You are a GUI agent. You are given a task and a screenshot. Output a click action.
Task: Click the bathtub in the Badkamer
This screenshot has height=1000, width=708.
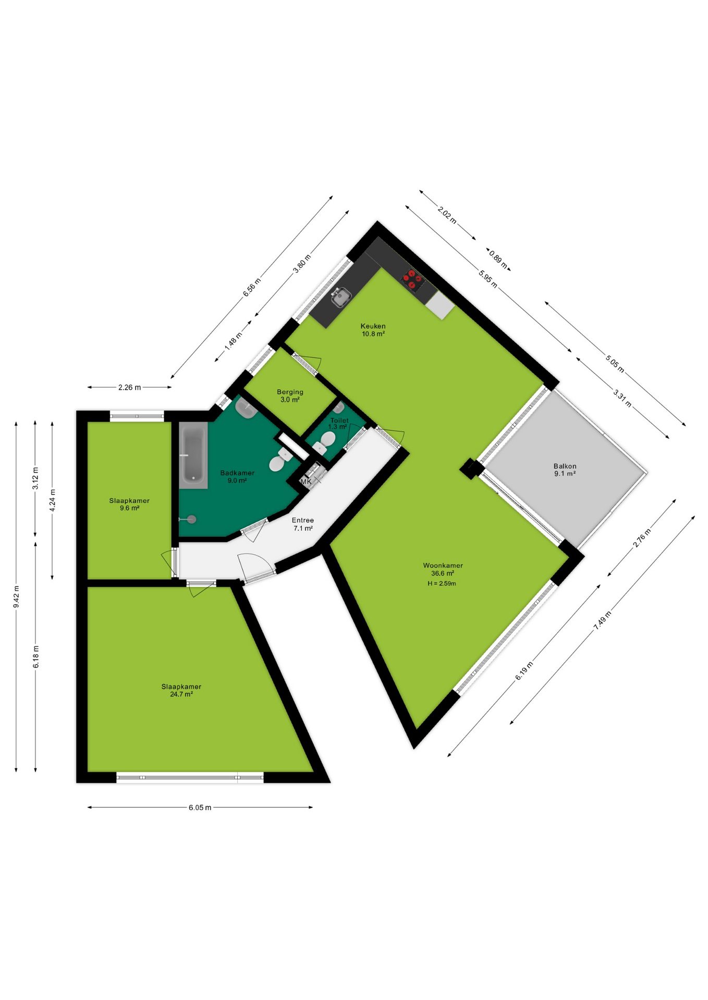(x=193, y=455)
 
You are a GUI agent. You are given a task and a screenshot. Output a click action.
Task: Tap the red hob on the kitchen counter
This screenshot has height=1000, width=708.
(x=412, y=279)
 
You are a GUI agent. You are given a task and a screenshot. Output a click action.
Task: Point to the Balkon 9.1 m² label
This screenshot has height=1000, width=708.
(x=565, y=470)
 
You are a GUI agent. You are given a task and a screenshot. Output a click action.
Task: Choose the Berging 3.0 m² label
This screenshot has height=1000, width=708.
(x=290, y=396)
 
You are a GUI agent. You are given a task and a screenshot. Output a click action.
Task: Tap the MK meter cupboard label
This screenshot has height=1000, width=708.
(x=306, y=482)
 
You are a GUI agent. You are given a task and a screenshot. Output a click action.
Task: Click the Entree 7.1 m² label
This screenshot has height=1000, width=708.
(x=303, y=524)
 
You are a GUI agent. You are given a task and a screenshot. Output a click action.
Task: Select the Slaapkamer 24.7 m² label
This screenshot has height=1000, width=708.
(x=181, y=691)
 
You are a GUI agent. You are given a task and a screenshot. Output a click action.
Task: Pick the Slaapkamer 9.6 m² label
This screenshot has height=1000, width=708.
(x=129, y=504)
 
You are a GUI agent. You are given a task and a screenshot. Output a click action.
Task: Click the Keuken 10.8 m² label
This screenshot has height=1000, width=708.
(x=373, y=330)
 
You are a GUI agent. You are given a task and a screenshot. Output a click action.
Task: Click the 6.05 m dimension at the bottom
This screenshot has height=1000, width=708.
(x=200, y=807)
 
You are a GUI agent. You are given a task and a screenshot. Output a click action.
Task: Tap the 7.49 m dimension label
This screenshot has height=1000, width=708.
(x=603, y=620)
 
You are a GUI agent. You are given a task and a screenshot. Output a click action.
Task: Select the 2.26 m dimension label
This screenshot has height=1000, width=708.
(x=129, y=387)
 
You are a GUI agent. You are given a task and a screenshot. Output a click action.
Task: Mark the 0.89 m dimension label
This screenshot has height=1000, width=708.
(x=498, y=259)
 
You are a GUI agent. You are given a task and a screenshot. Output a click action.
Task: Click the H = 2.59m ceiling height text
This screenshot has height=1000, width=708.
(x=442, y=583)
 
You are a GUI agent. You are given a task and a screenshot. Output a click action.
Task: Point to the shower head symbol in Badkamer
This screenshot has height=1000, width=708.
(x=188, y=519)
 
